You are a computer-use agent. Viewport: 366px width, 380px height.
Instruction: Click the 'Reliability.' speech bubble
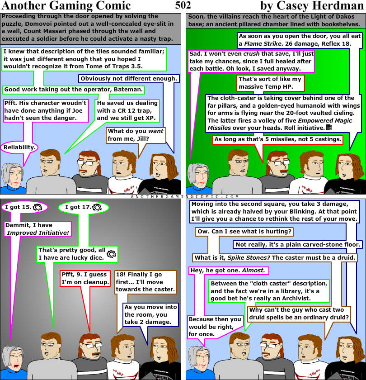pyautogui.click(x=19, y=147)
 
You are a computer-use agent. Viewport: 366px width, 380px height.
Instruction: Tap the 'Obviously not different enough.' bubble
pyautogui.click(x=129, y=79)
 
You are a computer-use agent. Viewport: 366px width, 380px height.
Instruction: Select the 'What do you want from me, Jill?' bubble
pyautogui.click(x=135, y=135)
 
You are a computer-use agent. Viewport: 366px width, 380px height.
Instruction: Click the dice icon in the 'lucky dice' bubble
pyautogui.click(x=111, y=253)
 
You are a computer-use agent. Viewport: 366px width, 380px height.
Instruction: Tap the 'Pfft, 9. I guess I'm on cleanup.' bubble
pyautogui.click(x=85, y=278)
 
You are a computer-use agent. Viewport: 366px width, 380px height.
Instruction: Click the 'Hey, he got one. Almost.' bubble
pyautogui.click(x=228, y=271)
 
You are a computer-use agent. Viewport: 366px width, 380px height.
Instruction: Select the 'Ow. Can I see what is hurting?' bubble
pyautogui.click(x=244, y=232)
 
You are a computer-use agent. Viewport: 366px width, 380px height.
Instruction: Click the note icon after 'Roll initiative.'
pyautogui.click(x=329, y=128)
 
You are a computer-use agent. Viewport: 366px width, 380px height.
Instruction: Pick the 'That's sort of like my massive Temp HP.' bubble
pyautogui.click(x=270, y=83)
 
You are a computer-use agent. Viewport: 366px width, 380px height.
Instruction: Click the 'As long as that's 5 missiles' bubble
pyautogui.click(x=277, y=139)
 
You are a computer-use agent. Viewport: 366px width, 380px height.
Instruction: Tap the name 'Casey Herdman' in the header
pyautogui.click(x=328, y=6)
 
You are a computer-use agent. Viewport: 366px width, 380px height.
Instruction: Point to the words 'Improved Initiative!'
pyautogui.click(x=38, y=233)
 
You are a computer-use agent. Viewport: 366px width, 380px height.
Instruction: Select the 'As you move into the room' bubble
pyautogui.click(x=150, y=314)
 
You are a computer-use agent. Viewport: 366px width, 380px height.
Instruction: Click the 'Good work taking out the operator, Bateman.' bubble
pyautogui.click(x=74, y=90)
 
